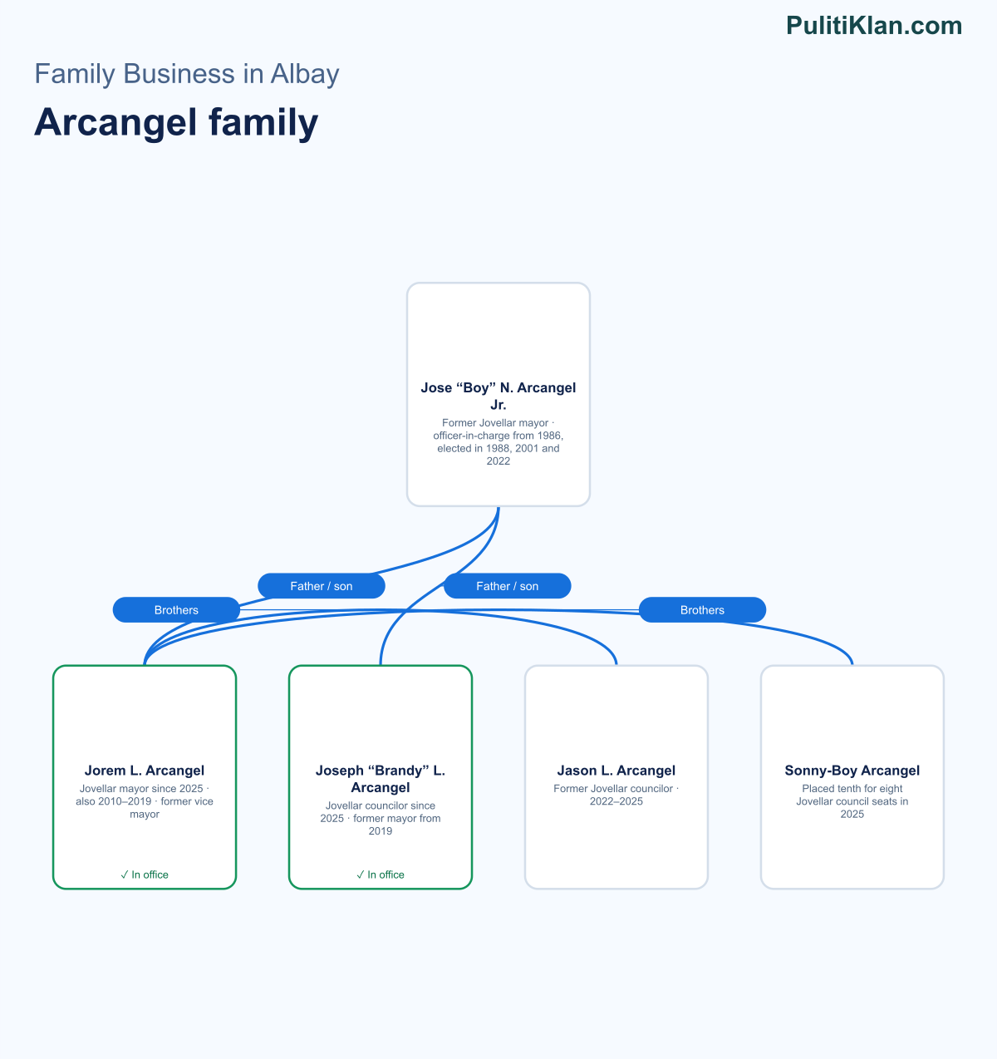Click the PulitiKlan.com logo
pyautogui.click(x=874, y=26)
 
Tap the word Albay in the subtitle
pyautogui.click(x=304, y=74)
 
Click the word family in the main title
pyautogui.click(x=263, y=122)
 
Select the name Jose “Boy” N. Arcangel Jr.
pyautogui.click(x=498, y=397)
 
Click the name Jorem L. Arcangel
pyautogui.click(x=145, y=770)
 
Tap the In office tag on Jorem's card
pyautogui.click(x=145, y=874)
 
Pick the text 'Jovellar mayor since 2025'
pyautogui.click(x=141, y=788)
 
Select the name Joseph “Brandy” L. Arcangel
pyautogui.click(x=381, y=779)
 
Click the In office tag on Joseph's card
pyautogui.click(x=381, y=874)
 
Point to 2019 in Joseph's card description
pyautogui.click(x=381, y=830)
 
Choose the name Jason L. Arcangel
pyautogui.click(x=616, y=770)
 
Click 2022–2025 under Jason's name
pyautogui.click(x=616, y=801)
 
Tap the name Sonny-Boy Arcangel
pyautogui.click(x=852, y=770)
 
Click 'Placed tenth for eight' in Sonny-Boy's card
pyautogui.click(x=852, y=788)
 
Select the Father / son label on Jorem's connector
pyautogui.click(x=322, y=586)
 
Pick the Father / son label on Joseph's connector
pyautogui.click(x=507, y=586)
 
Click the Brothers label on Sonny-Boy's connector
pyautogui.click(x=702, y=610)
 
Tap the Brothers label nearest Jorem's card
pyautogui.click(x=176, y=610)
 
